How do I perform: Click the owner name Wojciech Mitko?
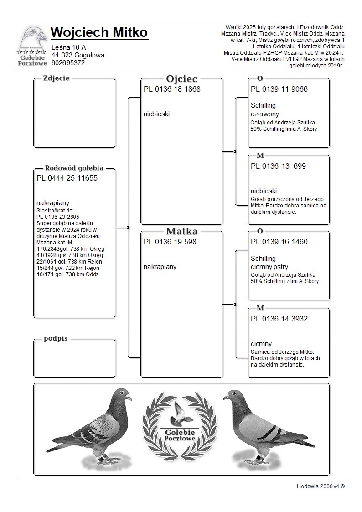[99, 33]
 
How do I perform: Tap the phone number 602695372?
[68, 63]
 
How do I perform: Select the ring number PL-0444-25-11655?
[67, 178]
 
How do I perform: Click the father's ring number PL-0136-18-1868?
[172, 89]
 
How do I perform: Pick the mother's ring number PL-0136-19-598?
[170, 242]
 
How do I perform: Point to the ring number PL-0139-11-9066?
[279, 89]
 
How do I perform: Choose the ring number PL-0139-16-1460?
[279, 242]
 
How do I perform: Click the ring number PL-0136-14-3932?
[279, 319]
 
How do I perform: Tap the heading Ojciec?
[181, 78]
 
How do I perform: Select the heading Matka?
[181, 231]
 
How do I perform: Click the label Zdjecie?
[56, 78]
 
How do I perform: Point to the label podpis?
[56, 339]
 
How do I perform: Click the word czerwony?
[265, 114]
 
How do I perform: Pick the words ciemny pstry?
[269, 267]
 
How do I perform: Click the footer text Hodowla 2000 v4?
[320, 486]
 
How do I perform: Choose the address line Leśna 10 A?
[69, 47]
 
